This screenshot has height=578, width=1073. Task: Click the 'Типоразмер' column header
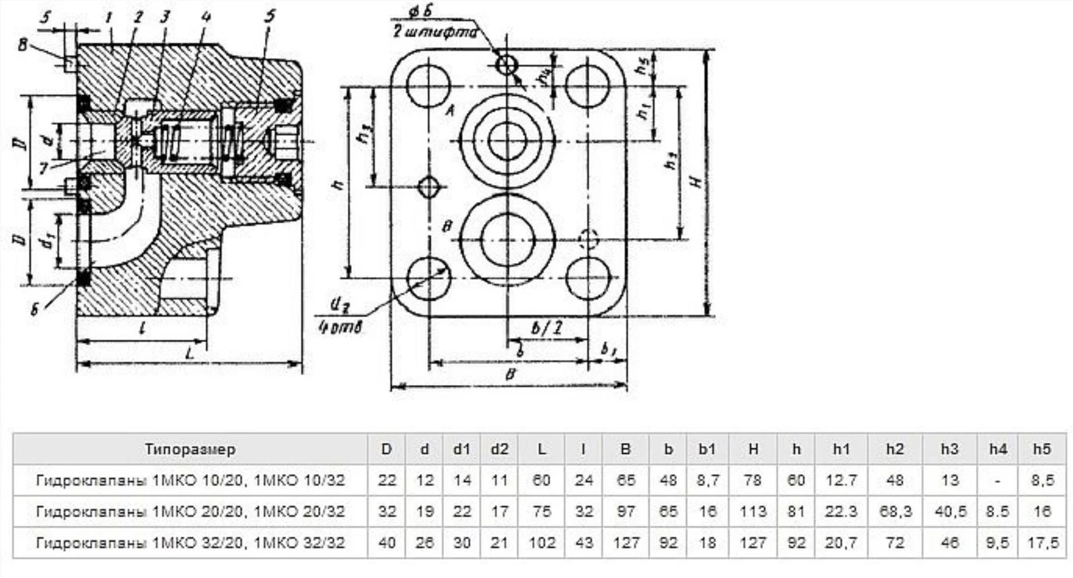[190, 449]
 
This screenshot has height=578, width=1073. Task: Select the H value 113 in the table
[753, 512]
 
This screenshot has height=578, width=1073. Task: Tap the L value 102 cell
[541, 543]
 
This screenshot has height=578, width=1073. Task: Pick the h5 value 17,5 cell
[1042, 543]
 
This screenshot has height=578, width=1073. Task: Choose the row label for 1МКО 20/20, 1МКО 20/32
[190, 512]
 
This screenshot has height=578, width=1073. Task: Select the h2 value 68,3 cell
[895, 512]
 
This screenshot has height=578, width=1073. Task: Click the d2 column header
[499, 449]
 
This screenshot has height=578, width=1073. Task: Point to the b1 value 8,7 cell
[707, 481]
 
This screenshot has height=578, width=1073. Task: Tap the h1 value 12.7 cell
[841, 481]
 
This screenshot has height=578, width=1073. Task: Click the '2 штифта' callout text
[434, 31]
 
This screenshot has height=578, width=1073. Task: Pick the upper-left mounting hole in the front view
[429, 85]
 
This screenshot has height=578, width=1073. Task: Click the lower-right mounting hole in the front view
[588, 278]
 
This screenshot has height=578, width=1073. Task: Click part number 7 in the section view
[44, 168]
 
